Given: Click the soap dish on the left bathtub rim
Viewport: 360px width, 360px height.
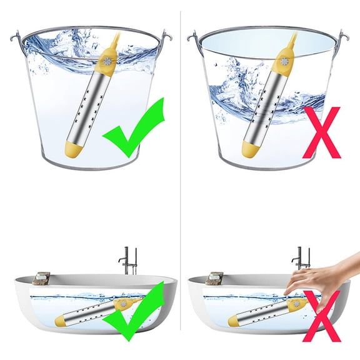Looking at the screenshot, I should [42, 277].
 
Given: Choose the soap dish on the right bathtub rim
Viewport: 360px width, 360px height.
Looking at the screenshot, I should [215, 277].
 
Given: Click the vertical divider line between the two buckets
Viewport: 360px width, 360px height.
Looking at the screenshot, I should [180, 94].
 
